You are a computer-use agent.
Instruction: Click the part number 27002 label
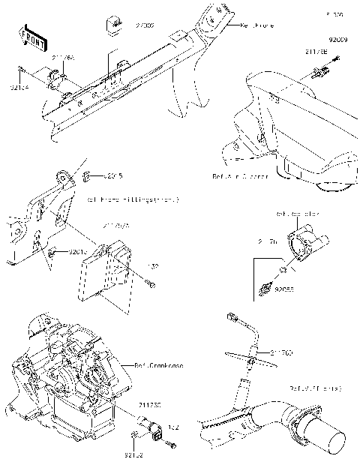coord(144,25)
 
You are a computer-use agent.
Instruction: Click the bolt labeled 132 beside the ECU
coord(152,284)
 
